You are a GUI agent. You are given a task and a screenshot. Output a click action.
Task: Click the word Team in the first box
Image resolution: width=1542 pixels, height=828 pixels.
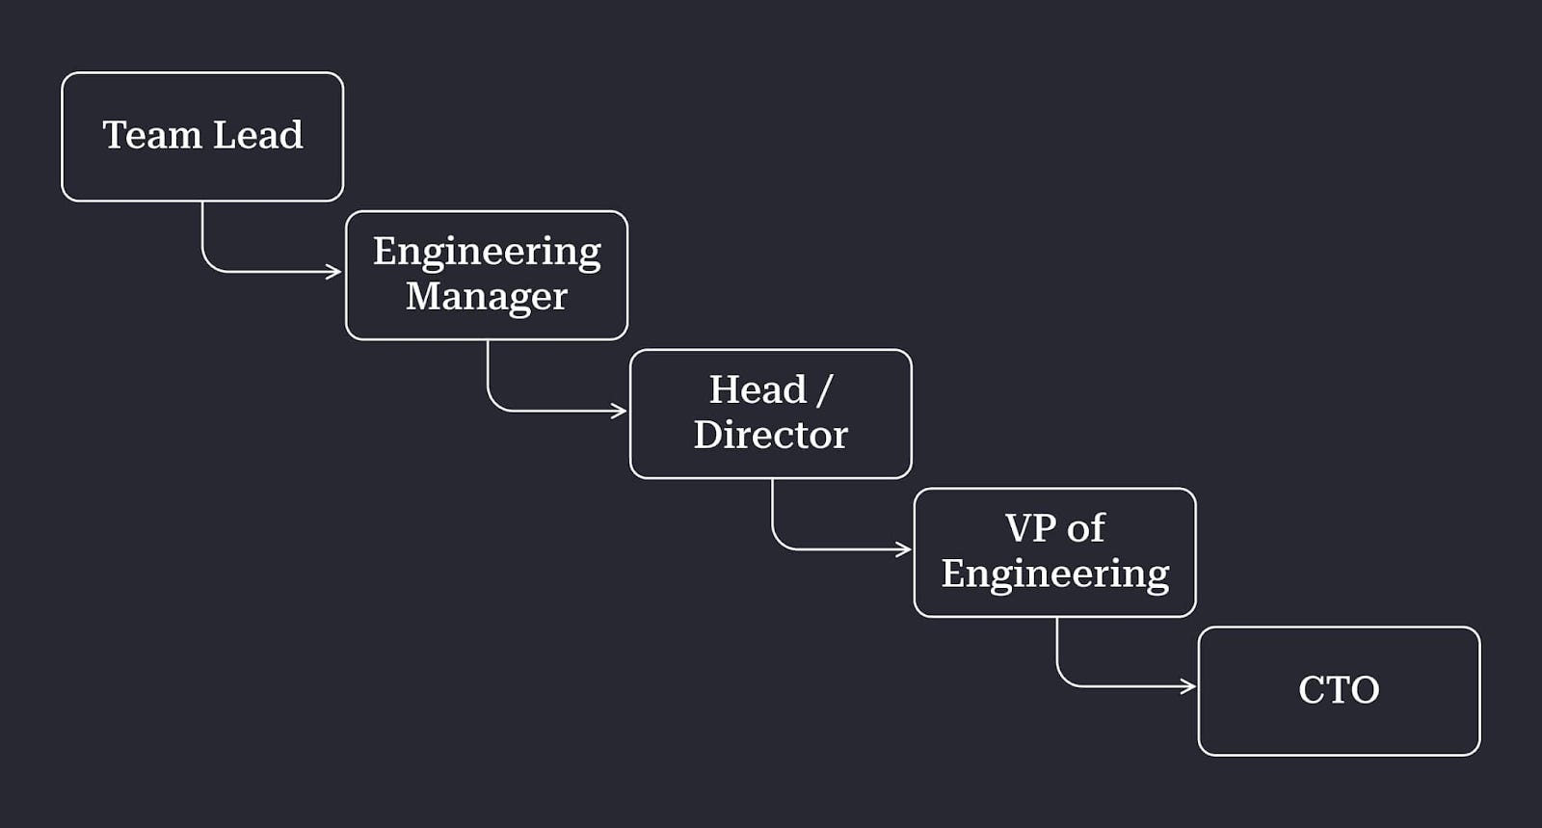151,135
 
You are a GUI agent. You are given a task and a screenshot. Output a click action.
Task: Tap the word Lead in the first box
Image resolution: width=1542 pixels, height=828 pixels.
257,135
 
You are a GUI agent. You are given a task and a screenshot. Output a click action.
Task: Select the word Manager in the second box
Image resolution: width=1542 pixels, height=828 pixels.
487,297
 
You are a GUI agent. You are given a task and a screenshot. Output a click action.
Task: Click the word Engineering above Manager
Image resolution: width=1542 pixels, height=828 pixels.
487,253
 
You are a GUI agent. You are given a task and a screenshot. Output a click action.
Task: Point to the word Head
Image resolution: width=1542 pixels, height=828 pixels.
758,390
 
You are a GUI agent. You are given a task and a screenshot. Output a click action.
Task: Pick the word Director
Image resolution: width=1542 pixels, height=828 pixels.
770,436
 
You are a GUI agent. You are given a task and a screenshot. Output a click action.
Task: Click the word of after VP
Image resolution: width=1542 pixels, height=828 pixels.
1086,528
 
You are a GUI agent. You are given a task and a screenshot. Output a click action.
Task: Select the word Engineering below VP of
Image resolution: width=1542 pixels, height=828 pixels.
1055,574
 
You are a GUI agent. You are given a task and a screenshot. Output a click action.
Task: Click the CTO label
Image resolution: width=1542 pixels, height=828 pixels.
1339,690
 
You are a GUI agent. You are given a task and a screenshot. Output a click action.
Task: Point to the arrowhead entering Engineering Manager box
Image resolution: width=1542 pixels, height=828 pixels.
336,272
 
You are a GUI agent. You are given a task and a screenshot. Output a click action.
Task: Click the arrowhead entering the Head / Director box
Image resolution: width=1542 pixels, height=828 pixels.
621,412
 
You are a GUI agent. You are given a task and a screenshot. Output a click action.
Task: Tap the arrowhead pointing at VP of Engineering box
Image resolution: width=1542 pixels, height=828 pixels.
905,549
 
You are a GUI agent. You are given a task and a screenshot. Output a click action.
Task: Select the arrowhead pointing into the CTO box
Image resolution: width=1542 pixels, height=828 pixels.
1189,686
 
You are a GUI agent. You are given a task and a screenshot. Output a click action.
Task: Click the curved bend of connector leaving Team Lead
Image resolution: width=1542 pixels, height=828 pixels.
209,264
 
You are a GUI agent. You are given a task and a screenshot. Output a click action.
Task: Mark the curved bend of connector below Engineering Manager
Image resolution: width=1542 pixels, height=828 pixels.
494,404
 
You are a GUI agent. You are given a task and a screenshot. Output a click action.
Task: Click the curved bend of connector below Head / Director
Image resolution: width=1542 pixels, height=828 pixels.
779,542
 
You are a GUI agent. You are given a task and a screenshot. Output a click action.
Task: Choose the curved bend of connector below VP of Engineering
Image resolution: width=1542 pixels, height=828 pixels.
1064,679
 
